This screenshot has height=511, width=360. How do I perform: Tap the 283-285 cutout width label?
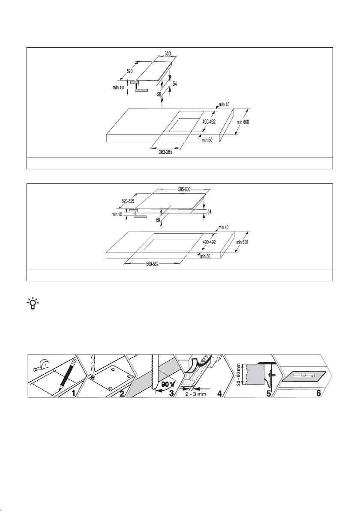pos(165,152)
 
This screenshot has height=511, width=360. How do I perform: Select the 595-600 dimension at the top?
pos(184,189)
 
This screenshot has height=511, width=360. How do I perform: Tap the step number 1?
pos(74,394)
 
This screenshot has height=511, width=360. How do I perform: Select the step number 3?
pos(171,394)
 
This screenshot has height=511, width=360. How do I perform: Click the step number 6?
pos(318,394)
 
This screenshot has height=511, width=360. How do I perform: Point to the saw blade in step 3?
pos(153,372)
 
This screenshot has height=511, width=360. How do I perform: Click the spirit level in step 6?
pos(303,376)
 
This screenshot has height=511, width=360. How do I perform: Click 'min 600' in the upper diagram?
pos(243,122)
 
